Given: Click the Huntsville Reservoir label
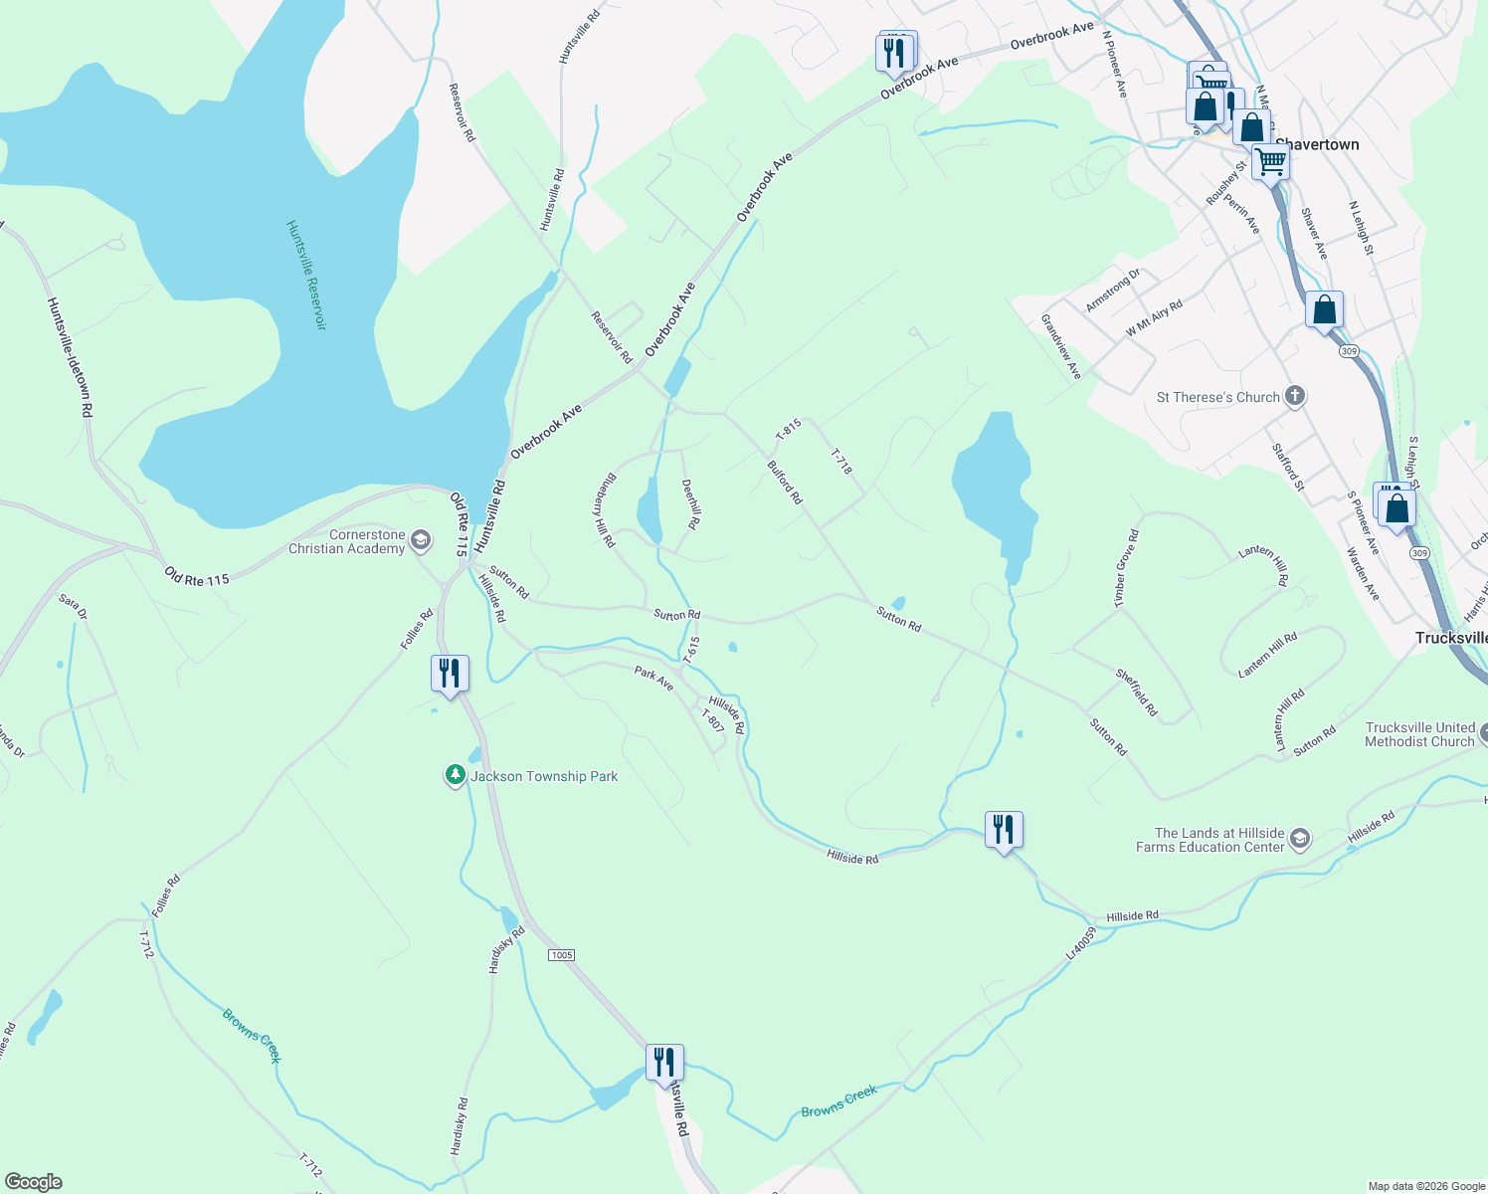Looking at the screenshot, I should (306, 276).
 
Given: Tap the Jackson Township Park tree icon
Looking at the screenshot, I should (456, 775).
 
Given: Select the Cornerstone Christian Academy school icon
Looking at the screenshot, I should (421, 541).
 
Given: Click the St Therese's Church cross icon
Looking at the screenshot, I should (1294, 396).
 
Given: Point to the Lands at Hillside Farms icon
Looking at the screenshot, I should (1299, 840).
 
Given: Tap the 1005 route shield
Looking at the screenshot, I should (561, 955).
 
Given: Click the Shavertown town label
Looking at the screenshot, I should (1317, 144).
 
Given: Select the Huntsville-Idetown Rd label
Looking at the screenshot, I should (71, 356).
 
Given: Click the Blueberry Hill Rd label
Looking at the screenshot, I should (606, 509).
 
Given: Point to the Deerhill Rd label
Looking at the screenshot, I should (691, 503).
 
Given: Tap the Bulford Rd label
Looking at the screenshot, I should (785, 482).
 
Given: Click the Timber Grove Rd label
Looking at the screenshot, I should (1126, 568).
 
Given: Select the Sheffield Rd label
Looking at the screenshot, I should (1136, 693).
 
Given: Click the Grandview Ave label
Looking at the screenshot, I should (1060, 346).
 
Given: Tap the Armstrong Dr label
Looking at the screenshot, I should (1113, 291).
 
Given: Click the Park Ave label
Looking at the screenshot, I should (653, 679).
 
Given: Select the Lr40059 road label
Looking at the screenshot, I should (1080, 943).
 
